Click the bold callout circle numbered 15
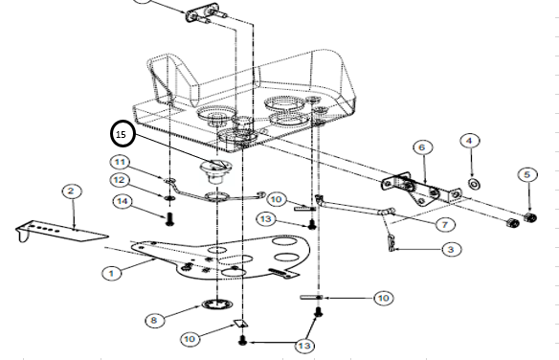[x=123, y=134]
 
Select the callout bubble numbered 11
[x=121, y=163]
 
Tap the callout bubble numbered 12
[x=119, y=180]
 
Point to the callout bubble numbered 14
[x=123, y=201]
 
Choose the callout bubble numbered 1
[x=112, y=274]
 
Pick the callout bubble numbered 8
[x=154, y=320]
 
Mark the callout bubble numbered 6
[x=422, y=147]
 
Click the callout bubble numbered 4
[x=470, y=141]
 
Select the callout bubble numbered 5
[x=527, y=174]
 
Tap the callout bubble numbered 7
[x=445, y=225]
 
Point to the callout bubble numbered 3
[x=452, y=249]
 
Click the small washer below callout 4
[x=474, y=184]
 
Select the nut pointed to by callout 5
[x=531, y=216]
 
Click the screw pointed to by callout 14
[x=169, y=219]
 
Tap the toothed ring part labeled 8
[x=216, y=304]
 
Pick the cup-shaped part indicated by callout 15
[x=215, y=170]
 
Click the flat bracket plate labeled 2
[x=60, y=231]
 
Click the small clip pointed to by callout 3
[x=391, y=243]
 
